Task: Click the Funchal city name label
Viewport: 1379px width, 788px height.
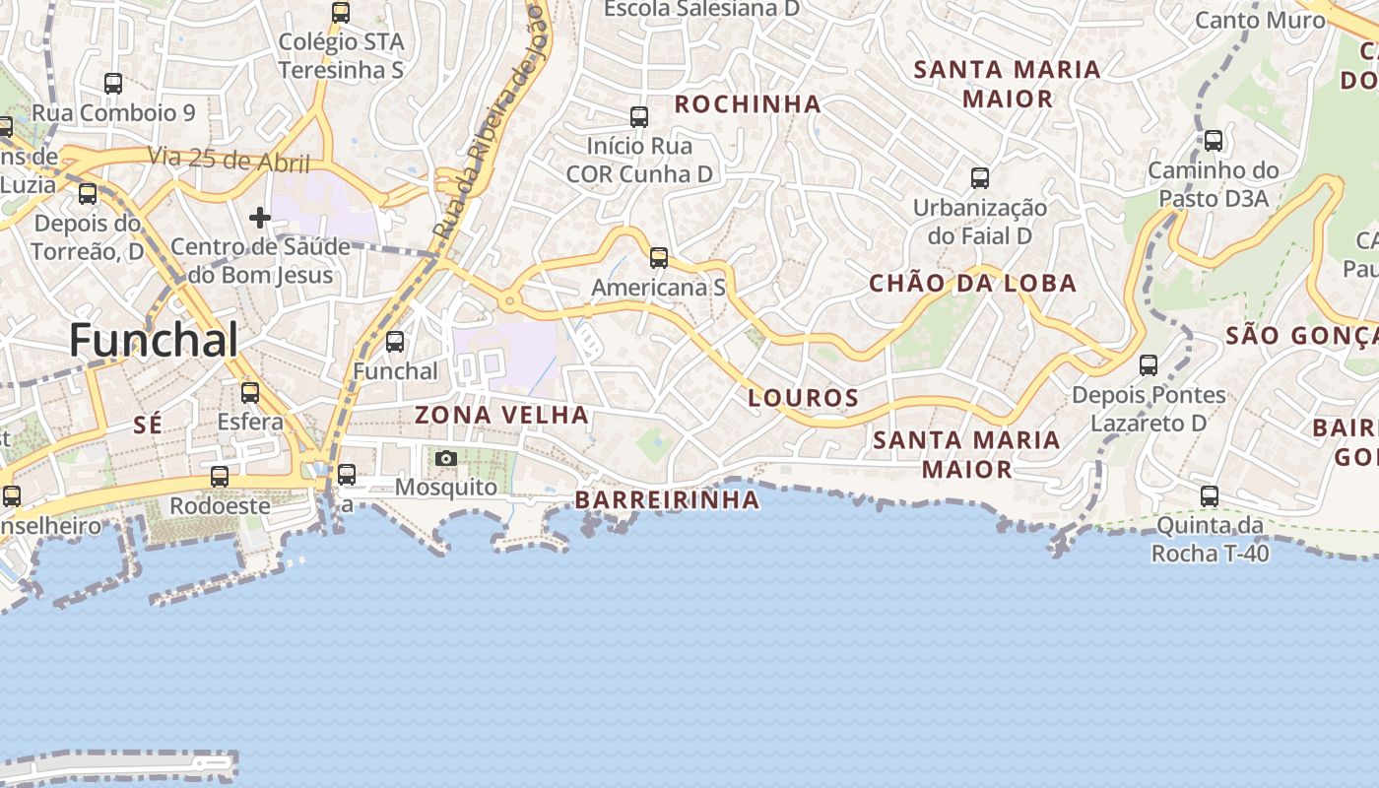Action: (x=154, y=341)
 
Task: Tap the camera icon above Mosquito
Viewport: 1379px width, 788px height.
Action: (x=446, y=459)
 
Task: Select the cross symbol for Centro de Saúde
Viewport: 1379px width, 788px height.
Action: (x=260, y=217)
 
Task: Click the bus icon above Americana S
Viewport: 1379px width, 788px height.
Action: (x=659, y=258)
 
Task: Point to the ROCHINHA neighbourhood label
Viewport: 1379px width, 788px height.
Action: (x=748, y=103)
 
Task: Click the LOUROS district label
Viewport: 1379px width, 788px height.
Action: (x=803, y=398)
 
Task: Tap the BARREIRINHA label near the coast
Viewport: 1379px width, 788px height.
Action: (x=667, y=500)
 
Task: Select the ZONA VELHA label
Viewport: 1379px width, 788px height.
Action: (x=501, y=415)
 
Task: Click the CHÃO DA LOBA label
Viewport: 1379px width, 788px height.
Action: (x=972, y=284)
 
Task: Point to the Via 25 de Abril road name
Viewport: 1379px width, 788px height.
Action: (x=229, y=159)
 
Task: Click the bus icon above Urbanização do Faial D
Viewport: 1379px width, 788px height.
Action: (x=980, y=178)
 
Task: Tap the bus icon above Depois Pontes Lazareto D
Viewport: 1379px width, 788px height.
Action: (x=1149, y=365)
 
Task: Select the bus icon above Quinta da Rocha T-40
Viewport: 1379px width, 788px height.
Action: (x=1210, y=496)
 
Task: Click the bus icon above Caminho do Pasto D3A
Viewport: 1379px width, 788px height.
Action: (x=1214, y=141)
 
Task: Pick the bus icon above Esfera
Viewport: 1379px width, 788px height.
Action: (x=250, y=393)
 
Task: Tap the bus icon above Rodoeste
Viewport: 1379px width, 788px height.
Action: (x=220, y=477)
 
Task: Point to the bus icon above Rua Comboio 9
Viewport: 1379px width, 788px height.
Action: (x=113, y=84)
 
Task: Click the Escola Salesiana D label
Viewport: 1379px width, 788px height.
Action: (x=701, y=9)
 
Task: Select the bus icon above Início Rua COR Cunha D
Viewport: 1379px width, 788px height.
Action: (x=639, y=117)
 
